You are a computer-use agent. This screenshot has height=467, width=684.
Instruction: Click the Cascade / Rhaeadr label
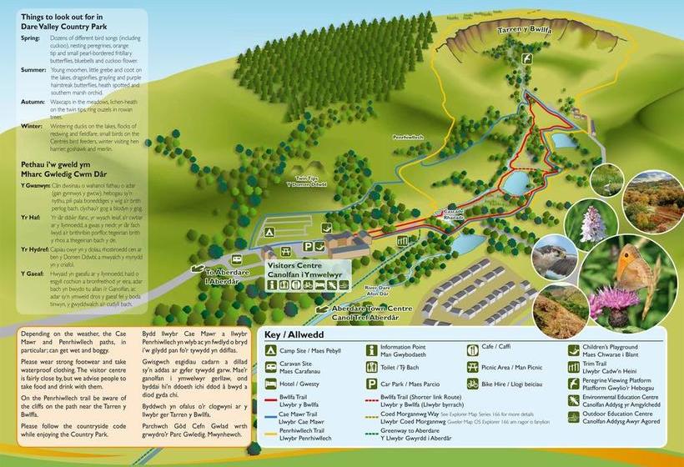[455, 213]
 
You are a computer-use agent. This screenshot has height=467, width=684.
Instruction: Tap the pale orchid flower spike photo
[591, 221]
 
